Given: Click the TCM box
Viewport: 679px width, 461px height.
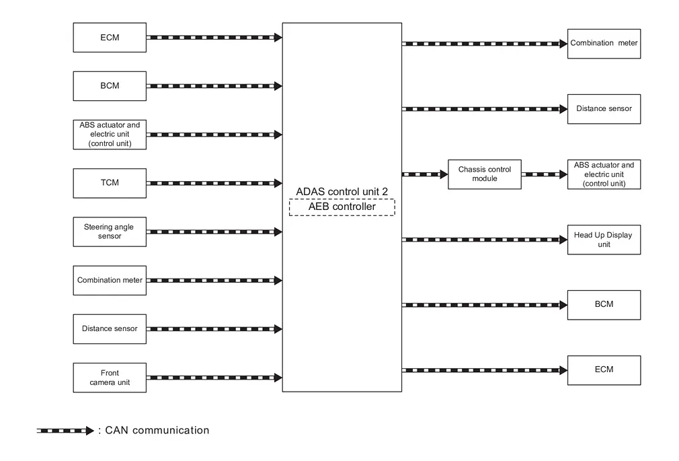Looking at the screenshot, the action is coord(110,183).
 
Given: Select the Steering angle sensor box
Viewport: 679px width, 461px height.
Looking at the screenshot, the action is coord(110,232).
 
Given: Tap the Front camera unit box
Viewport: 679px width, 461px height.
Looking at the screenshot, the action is coord(110,378).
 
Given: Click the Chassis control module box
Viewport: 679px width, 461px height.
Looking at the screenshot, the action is coord(485,174).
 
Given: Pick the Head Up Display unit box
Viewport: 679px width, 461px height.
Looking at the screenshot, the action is coord(604,240).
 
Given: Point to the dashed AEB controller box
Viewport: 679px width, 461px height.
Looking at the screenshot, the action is coord(342,207).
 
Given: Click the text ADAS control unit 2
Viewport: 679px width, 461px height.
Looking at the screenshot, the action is coord(342,191).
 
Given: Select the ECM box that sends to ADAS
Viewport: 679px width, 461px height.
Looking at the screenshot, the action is coord(110,37).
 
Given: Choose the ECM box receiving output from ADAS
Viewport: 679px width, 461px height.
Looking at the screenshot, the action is coord(604,370).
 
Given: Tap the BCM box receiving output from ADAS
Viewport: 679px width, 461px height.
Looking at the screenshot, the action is coord(604,305).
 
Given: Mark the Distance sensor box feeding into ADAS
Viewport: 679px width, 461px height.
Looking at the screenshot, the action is coord(110,328).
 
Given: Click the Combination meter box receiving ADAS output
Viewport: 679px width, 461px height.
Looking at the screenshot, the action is coord(604,44).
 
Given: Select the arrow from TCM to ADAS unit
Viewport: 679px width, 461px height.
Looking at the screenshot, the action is coord(214,183).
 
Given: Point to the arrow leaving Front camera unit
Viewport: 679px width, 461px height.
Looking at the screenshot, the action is coord(214,378).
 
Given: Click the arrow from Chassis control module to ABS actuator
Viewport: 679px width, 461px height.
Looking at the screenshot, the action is coord(545,174).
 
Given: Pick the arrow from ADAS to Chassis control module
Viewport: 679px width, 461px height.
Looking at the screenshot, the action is coord(425,174).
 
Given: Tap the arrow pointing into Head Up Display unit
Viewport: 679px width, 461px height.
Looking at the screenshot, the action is coord(485,240).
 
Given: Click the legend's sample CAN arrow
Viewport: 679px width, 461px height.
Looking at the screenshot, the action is coord(65,431).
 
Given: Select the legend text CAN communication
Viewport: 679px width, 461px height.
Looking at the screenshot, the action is coord(157,430).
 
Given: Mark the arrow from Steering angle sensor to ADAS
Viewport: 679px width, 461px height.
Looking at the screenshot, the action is coord(214,232).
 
